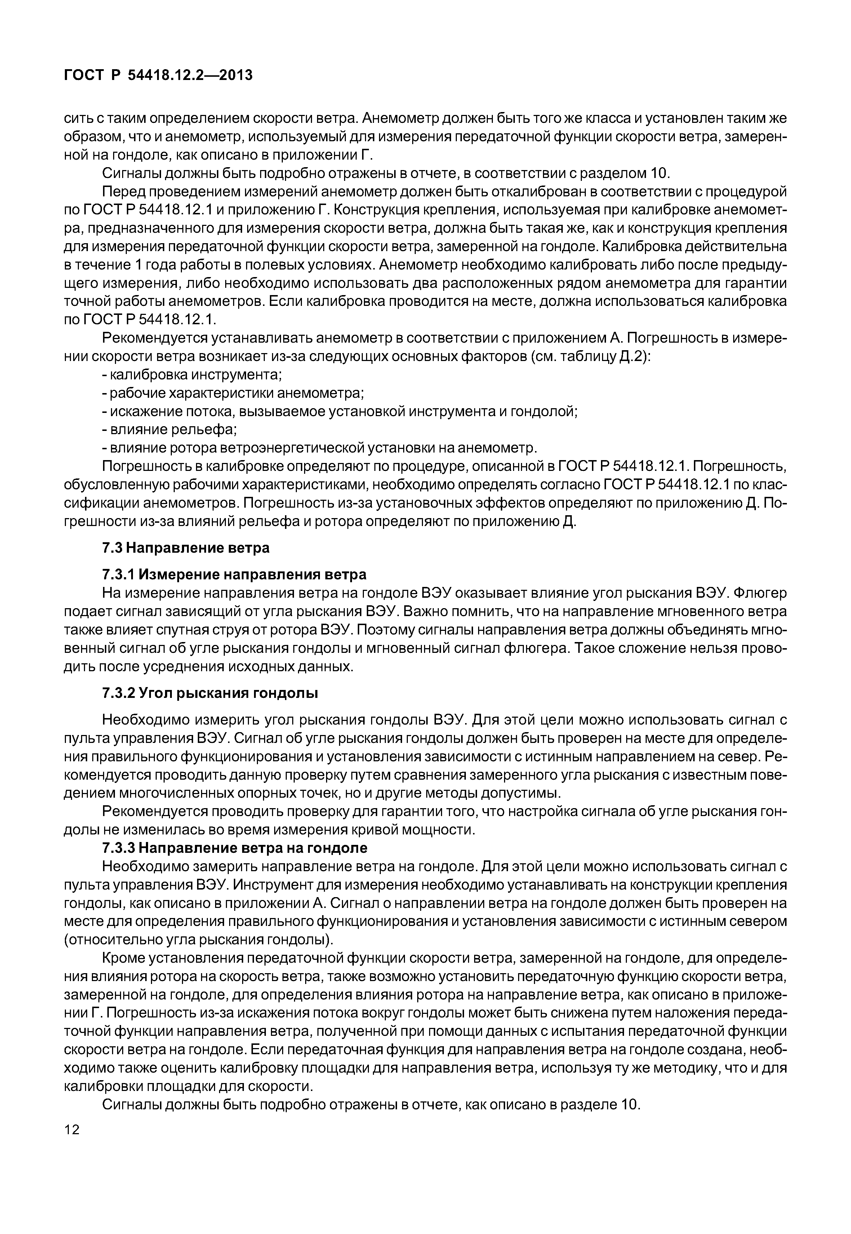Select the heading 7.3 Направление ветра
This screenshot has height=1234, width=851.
click(186, 548)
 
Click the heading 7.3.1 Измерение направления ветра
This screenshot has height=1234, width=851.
click(234, 574)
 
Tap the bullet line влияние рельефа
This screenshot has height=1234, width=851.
click(170, 429)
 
